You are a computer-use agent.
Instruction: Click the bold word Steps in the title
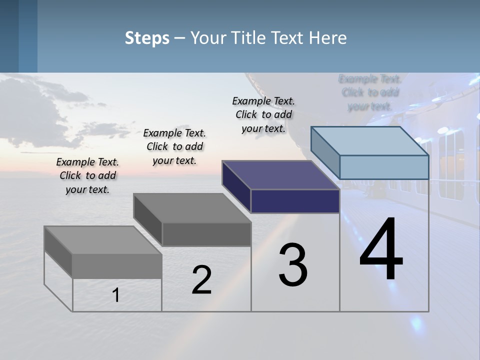point(147,38)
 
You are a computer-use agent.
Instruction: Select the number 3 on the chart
point(293,265)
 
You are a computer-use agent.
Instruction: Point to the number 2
point(201,280)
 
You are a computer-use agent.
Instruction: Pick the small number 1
point(116,295)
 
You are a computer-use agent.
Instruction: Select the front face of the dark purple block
point(295,201)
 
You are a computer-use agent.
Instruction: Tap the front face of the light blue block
point(384,167)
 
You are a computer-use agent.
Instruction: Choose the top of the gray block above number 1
point(103,240)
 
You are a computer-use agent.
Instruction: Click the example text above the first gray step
point(87,176)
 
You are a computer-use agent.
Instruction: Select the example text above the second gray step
point(174,146)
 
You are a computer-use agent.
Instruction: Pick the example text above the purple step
point(263,114)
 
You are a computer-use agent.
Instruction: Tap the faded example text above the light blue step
point(370,92)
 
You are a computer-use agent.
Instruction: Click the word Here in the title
point(328,38)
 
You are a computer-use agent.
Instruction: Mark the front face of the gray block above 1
point(117,266)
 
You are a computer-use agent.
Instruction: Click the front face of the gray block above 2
point(206,234)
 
